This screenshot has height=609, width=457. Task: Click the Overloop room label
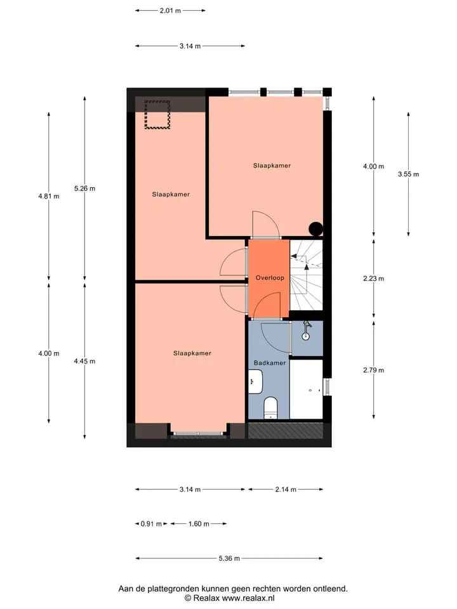point(270,278)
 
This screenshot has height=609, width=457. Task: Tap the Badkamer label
point(270,363)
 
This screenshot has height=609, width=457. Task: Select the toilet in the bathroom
point(270,408)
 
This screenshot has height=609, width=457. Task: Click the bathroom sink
point(255,381)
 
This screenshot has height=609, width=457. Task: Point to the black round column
point(315,229)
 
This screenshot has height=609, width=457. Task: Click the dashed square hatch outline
point(157,115)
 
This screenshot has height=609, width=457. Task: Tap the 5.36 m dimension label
point(229,558)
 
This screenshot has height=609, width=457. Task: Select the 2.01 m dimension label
point(170,11)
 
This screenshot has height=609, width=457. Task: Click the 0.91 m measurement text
point(151,524)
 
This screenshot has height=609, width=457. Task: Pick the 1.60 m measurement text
point(199,524)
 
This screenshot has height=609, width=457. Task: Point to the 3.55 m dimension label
point(408,174)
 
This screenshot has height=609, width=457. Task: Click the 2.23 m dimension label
point(373,278)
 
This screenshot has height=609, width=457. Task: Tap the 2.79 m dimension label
point(373,370)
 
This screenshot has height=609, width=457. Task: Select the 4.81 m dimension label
point(49,196)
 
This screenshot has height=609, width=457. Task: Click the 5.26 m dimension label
point(84,188)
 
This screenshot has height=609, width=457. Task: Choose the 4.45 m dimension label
point(84,361)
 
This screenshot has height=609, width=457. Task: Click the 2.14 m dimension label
point(286,489)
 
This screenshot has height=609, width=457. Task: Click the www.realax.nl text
point(248,598)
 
